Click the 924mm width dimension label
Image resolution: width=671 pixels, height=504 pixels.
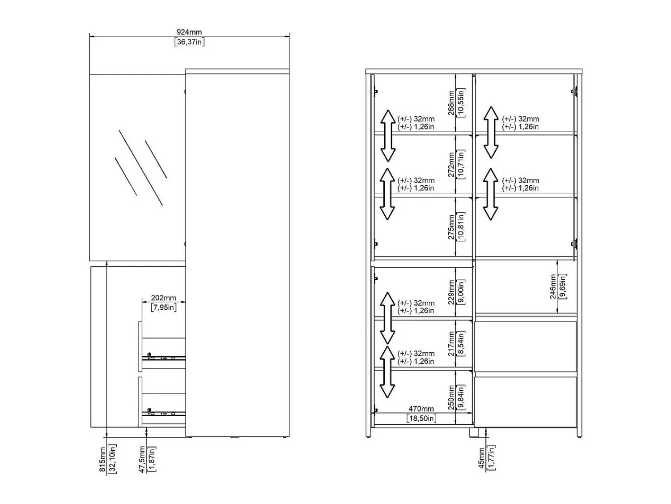[x=189, y=32]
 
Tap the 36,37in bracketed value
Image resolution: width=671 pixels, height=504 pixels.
[x=190, y=42]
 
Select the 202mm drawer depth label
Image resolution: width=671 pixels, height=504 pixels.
[x=164, y=298]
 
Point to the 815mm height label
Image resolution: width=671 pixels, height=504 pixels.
[x=102, y=459]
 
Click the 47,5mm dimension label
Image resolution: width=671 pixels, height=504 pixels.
[x=142, y=459]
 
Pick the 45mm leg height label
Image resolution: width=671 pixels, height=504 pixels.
[x=481, y=458]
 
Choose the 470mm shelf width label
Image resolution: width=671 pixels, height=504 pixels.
[x=421, y=409]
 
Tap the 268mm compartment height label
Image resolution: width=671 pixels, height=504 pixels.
[x=451, y=103]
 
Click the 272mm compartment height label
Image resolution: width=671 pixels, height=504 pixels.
[x=451, y=165]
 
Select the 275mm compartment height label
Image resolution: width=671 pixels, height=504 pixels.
[x=451, y=227]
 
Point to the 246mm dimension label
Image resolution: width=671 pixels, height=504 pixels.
[x=553, y=286]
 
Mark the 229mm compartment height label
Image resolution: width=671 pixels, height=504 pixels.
[x=451, y=292]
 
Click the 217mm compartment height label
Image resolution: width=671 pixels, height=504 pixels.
[x=451, y=344]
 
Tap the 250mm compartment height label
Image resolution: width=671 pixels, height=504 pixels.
[x=451, y=397]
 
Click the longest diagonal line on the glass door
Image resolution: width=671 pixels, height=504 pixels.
[x=140, y=168]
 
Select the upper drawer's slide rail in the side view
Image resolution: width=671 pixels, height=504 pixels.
[x=164, y=358]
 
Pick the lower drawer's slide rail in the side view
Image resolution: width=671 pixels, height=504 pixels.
[x=164, y=414]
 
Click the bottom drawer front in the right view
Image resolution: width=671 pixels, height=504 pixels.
[x=526, y=401]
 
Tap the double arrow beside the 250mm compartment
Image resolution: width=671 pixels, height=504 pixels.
[x=387, y=372]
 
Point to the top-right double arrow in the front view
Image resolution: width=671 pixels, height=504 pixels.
[x=491, y=132]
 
